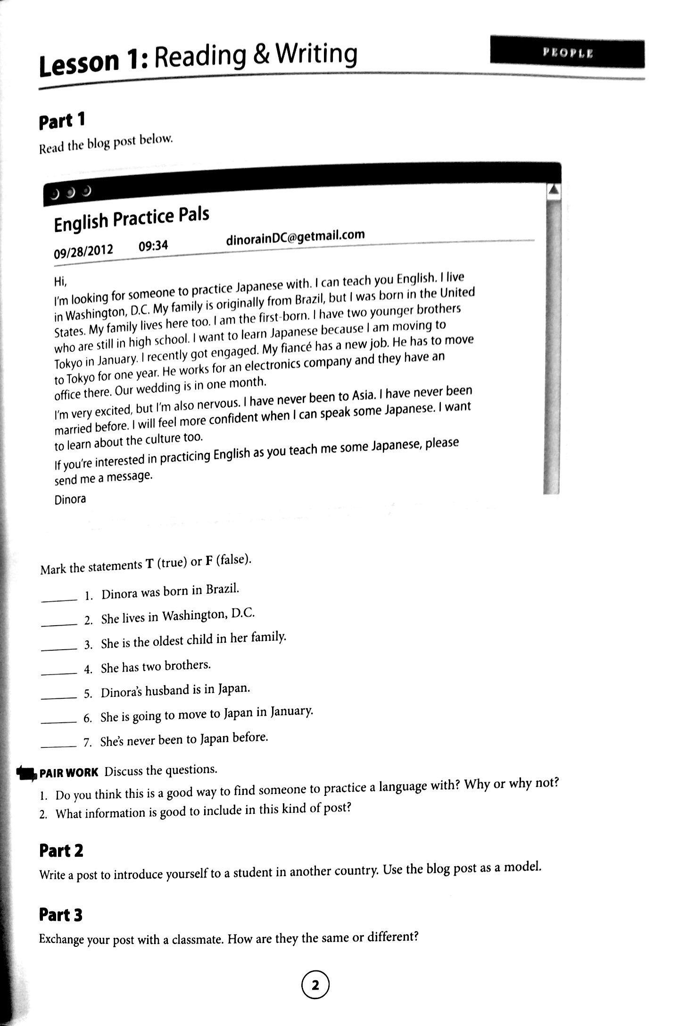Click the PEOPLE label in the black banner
(567, 53)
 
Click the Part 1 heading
(62, 121)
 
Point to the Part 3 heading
(61, 915)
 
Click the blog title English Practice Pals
(132, 219)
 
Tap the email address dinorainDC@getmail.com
(295, 237)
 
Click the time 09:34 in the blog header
(153, 246)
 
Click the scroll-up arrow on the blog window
(554, 190)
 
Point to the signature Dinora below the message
(70, 499)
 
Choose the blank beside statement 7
(59, 745)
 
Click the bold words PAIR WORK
(69, 773)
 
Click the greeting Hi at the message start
(61, 282)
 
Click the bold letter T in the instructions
(149, 564)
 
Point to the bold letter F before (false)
(208, 562)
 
